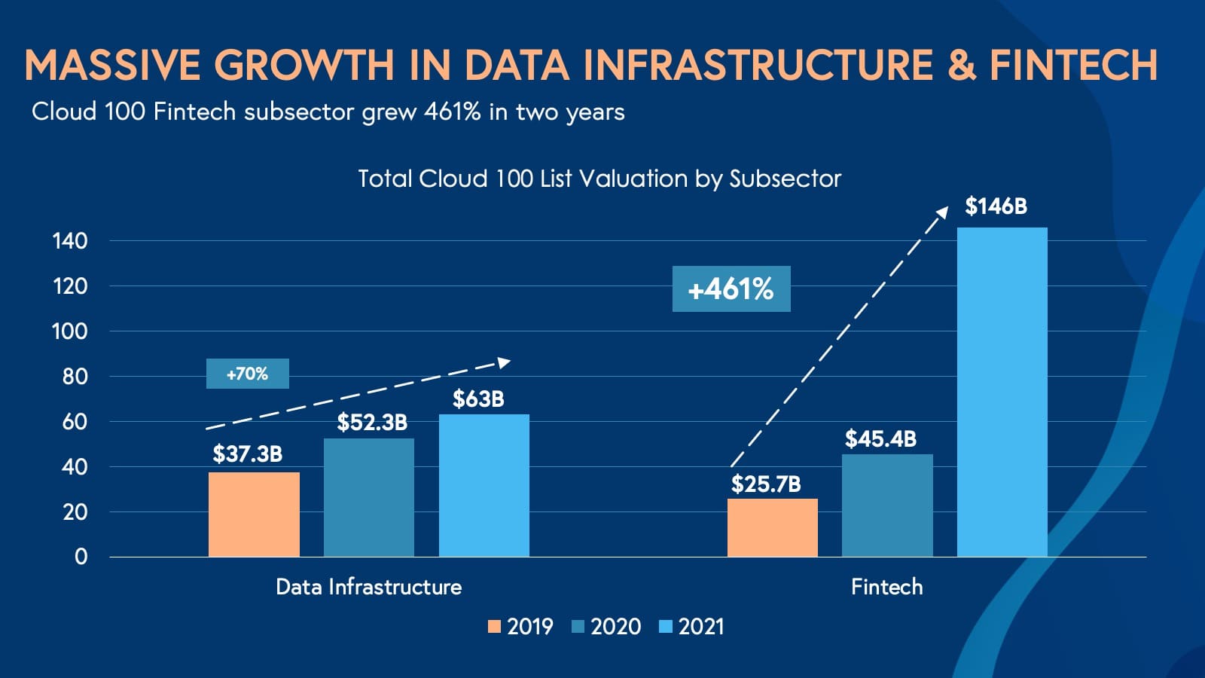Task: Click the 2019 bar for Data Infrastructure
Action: click(x=254, y=515)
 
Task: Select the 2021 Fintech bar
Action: click(x=1002, y=392)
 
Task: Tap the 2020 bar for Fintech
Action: click(x=887, y=505)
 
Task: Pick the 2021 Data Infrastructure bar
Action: click(x=484, y=486)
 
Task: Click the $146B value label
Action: click(x=996, y=206)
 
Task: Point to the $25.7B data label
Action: click(x=766, y=484)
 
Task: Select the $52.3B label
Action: click(x=372, y=423)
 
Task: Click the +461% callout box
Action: click(x=731, y=289)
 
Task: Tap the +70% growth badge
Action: click(x=247, y=374)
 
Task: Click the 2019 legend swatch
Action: click(x=495, y=627)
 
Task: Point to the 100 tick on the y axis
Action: click(x=69, y=331)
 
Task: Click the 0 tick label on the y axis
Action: click(x=81, y=557)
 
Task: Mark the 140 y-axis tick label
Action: click(x=69, y=241)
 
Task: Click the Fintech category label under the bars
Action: click(x=886, y=587)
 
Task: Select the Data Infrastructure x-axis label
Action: click(x=368, y=587)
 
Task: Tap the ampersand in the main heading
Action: click(x=962, y=65)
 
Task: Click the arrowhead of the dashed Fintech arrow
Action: click(x=942, y=212)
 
